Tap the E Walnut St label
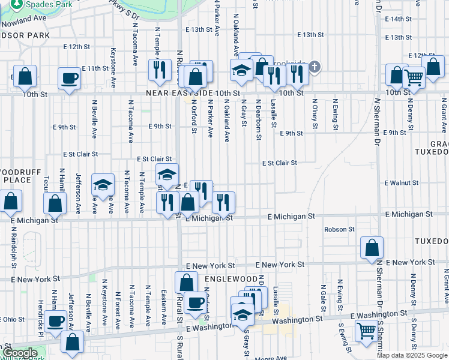(x=402, y=182)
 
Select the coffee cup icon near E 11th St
(x=69, y=79)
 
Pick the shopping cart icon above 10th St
(x=414, y=77)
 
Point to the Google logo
(x=20, y=353)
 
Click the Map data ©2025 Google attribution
(x=412, y=355)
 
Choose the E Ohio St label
(x=13, y=319)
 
